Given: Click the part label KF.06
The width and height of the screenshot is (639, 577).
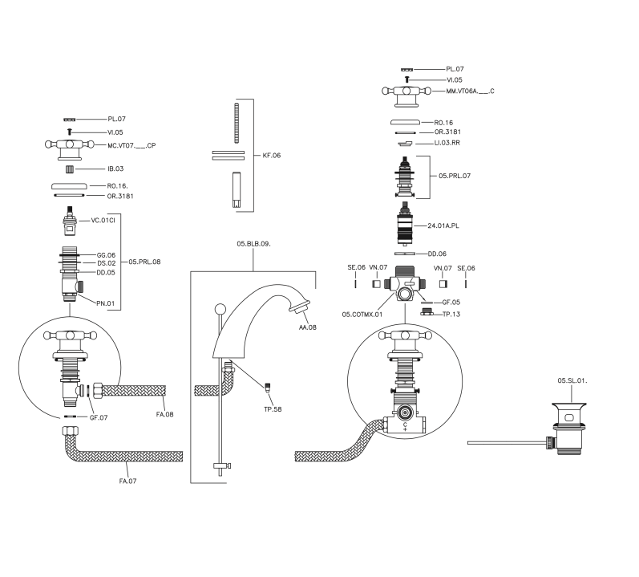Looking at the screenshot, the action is coord(272,156).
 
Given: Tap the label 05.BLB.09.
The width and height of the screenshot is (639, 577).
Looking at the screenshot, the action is coord(253,244).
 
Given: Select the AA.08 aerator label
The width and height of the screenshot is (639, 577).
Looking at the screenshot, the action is coord(307,327).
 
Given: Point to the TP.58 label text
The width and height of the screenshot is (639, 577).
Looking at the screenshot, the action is coord(273,409).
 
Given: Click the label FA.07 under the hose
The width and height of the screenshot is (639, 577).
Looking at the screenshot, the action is coord(127,482).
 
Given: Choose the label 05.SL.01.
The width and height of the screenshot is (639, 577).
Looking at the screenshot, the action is coord(572,381).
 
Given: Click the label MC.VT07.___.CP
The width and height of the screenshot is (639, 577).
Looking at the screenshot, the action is coord(131,145).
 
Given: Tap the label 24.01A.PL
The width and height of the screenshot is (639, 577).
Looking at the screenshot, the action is coord(443,226).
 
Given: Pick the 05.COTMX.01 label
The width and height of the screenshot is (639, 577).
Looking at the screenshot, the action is coord(362,315).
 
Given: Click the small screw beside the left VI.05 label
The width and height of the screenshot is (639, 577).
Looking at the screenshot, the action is coord(70,132).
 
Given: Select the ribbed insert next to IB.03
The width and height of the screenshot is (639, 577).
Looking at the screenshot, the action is coord(70,169).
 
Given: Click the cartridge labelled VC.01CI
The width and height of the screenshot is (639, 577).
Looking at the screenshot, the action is coord(70,221).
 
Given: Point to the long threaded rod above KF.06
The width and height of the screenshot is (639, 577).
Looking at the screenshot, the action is coord(237,123).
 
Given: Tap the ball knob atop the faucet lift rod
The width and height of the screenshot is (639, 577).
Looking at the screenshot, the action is coord(220,309).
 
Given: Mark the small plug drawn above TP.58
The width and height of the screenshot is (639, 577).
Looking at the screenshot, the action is coord(268,387).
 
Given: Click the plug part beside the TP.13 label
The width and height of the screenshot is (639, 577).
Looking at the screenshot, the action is coord(427,312).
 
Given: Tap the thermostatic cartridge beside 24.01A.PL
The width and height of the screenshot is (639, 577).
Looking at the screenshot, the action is coord(405,224).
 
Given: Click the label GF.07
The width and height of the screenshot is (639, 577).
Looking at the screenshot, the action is coord(99,418).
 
